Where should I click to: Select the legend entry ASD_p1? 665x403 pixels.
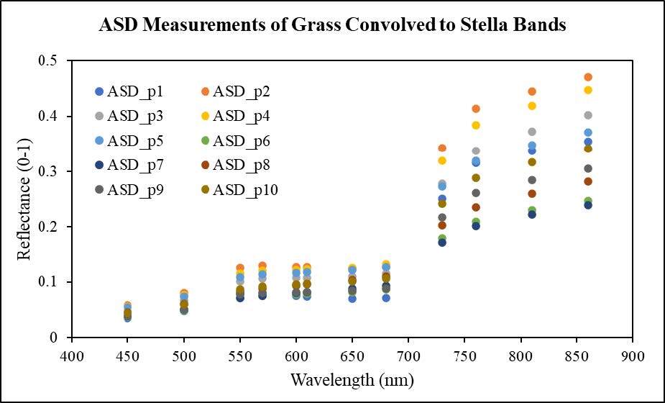click(129, 91)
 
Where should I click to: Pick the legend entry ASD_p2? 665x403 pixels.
click(237, 91)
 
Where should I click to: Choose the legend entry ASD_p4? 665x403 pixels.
click(237, 116)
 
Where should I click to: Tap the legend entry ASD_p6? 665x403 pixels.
click(237, 140)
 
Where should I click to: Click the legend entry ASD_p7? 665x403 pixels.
click(129, 166)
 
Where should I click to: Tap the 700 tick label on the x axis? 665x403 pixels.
click(408, 356)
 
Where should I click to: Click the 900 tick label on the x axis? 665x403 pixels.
click(633, 356)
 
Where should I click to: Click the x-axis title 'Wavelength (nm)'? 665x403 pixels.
click(352, 380)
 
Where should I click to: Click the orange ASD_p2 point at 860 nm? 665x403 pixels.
click(588, 77)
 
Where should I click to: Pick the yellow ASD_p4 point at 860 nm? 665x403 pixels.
click(588, 90)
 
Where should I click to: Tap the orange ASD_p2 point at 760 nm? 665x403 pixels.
click(476, 109)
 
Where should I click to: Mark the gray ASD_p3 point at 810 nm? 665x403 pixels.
click(532, 132)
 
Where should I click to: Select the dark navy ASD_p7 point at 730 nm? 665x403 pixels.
click(442, 243)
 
